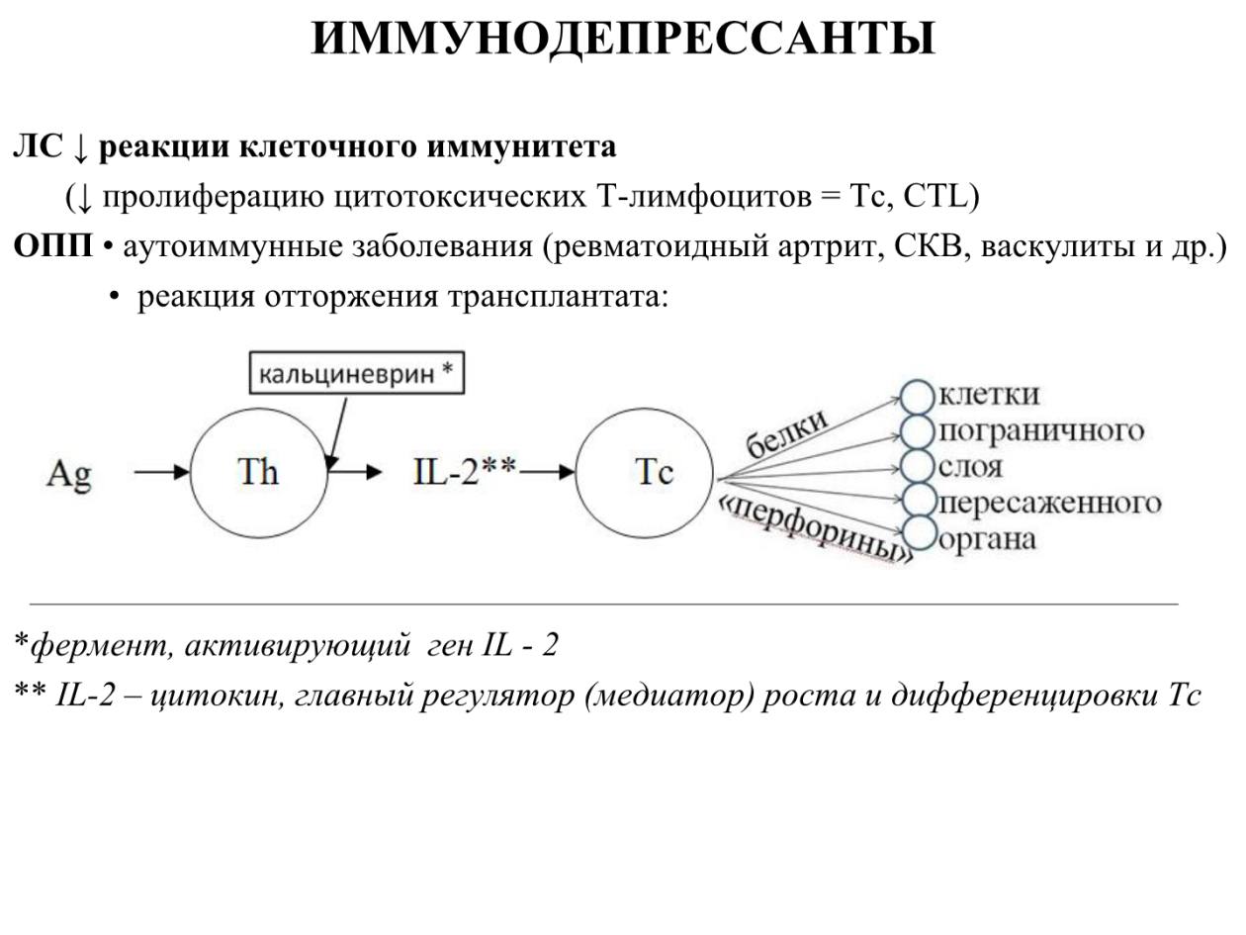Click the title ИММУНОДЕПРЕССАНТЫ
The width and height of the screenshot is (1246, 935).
[623, 39]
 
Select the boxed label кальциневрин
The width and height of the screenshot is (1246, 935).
[356, 373]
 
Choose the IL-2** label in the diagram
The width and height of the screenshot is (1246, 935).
[465, 472]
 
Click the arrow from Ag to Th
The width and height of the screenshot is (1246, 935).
[162, 472]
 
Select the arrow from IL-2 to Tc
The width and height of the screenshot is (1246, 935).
[547, 472]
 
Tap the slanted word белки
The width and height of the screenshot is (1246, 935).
[786, 433]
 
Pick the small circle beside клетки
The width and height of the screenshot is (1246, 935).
[918, 397]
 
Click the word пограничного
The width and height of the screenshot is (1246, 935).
[1041, 431]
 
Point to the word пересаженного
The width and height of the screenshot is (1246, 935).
[1050, 503]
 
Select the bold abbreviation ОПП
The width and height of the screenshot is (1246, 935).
[52, 247]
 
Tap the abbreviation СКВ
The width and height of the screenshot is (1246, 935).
[929, 247]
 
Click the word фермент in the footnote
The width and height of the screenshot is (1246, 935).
[101, 645]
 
